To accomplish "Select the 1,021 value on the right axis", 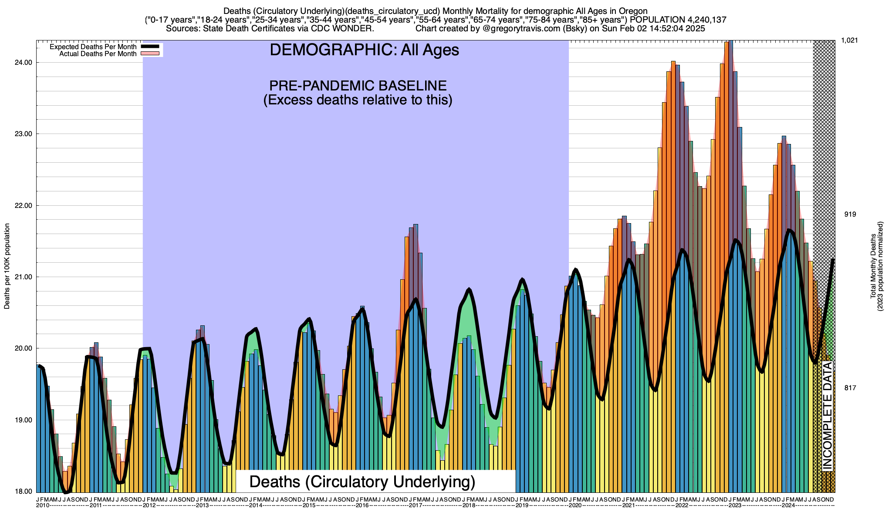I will pos(849,40).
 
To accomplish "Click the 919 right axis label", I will pos(850,214).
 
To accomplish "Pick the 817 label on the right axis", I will pos(850,388).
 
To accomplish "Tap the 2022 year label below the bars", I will pos(682,505).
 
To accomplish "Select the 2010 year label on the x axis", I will pos(43,505).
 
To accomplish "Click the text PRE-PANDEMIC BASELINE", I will pos(358,85).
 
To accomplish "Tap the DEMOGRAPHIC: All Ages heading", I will pos(364,50).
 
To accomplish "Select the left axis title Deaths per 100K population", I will pos(7,266).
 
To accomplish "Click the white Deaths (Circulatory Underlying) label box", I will pos(362,482).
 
